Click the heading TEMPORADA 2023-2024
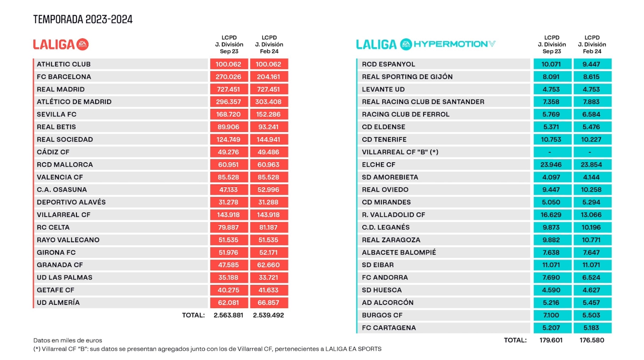(83, 19)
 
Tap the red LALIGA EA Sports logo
(61, 44)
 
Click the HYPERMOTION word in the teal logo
(450, 44)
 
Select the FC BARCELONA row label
(64, 76)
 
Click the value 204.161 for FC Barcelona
(268, 76)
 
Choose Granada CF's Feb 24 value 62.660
(268, 265)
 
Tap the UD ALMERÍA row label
(58, 302)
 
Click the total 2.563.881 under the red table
(228, 315)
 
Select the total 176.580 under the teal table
(592, 340)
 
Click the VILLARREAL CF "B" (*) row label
(400, 152)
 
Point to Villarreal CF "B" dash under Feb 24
(592, 152)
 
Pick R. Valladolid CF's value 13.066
(592, 215)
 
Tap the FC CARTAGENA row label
(389, 328)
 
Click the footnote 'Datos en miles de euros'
(68, 340)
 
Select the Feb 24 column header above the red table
(269, 44)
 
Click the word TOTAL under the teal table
(515, 340)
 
